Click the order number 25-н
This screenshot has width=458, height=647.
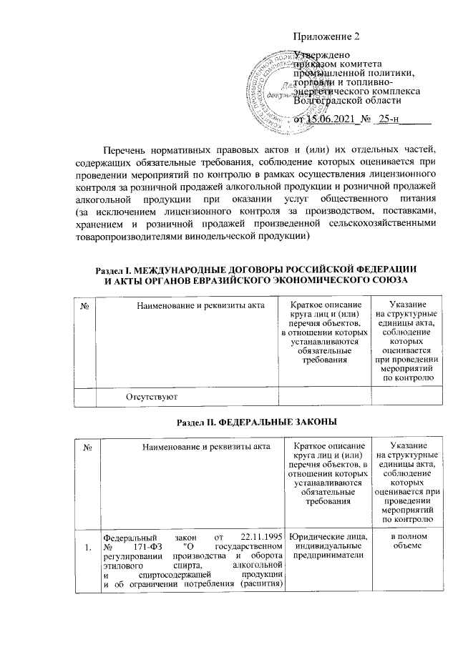pos(391,119)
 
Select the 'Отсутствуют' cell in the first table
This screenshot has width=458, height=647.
pos(152,395)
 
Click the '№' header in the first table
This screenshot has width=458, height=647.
pos(85,306)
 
